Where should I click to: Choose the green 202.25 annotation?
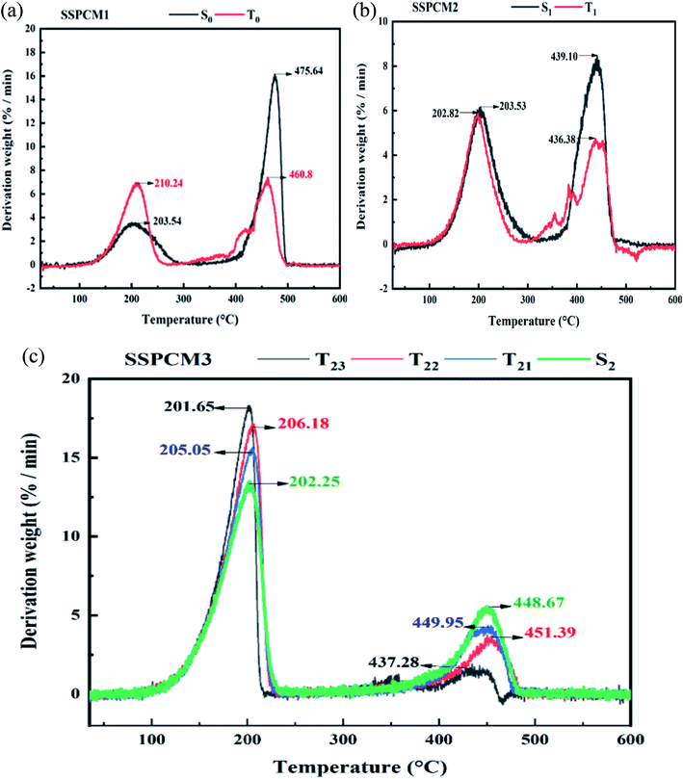click(312, 482)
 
